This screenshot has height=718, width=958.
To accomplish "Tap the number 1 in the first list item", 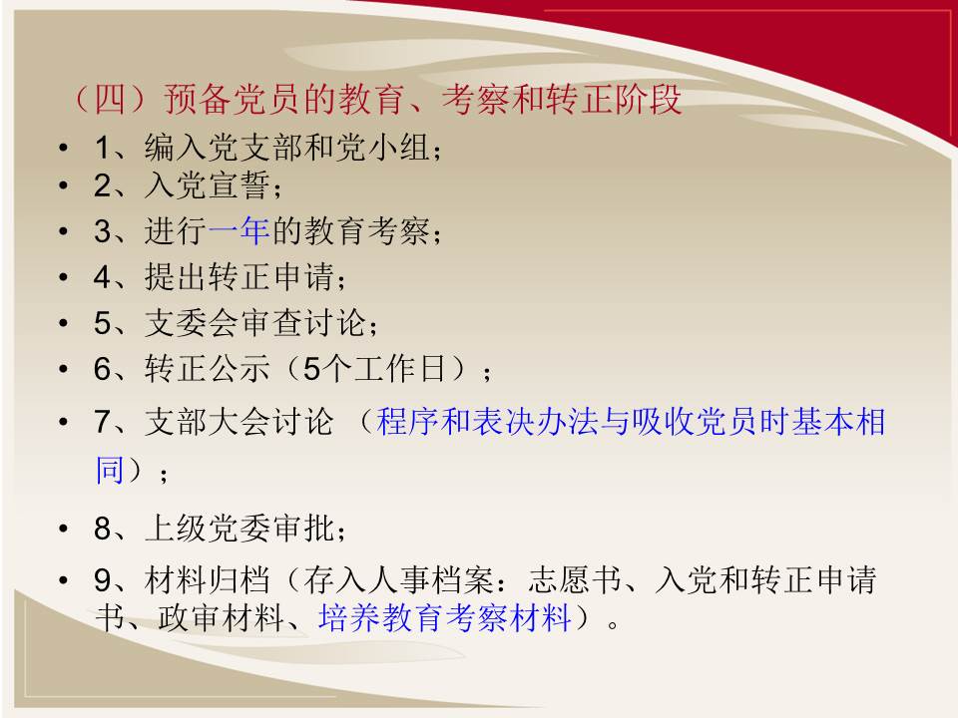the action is coord(104,148).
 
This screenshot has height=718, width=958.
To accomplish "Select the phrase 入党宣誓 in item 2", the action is coord(208,185).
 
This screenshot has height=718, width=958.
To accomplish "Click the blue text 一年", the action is coord(239,230).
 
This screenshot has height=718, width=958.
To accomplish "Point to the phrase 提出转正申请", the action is coord(239,276).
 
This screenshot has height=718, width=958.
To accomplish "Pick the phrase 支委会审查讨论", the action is coord(254,322).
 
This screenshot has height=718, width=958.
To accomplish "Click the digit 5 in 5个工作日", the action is coord(311,369).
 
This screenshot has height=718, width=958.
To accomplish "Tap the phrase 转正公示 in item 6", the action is coord(208,369).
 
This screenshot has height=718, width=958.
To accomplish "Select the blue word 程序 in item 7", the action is coord(407,422).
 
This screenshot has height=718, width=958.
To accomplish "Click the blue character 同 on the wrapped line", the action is coord(111,470).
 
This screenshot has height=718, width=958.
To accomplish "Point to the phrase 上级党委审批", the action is coord(239,529).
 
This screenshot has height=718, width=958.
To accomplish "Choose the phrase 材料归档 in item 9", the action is coord(208,579).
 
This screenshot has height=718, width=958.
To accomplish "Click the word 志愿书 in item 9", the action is coord(575,579).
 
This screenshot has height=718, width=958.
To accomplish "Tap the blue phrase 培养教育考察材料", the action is coord(445,617).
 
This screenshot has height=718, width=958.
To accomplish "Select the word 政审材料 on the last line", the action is coord(221,617).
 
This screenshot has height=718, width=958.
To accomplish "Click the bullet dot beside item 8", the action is coord(63,529).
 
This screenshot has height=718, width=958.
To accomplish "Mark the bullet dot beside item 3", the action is coord(63,231).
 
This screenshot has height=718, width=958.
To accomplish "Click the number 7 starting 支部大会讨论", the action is coord(102,422).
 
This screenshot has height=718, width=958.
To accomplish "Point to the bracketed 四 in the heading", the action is coord(110,99).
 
